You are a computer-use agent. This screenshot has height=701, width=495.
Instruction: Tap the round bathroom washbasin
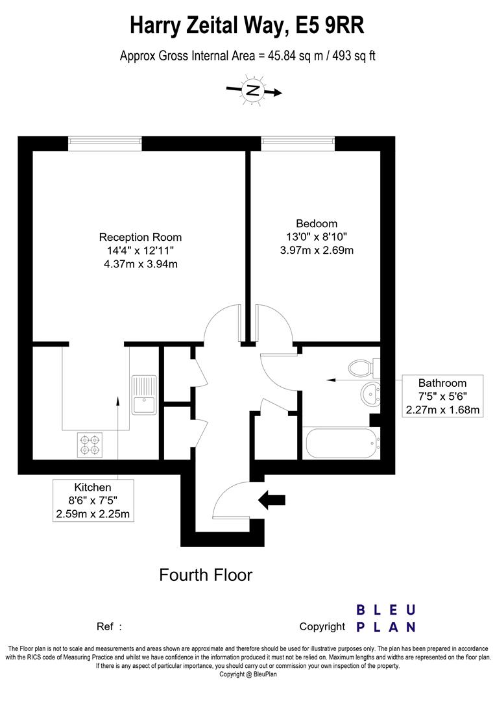(370, 393)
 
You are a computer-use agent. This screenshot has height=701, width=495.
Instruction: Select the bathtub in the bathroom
(342, 443)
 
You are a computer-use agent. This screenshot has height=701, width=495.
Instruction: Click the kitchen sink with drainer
(144, 395)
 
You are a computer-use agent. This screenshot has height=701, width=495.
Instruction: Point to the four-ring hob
(90, 445)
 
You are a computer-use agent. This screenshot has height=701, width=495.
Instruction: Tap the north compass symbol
(253, 91)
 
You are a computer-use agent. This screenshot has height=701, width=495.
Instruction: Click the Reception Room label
(140, 237)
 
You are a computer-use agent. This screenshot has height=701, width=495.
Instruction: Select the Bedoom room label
(317, 223)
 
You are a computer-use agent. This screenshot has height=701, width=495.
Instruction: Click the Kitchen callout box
(93, 500)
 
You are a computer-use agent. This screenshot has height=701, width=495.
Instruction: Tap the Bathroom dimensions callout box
(442, 396)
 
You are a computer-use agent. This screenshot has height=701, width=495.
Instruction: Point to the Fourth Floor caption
(206, 575)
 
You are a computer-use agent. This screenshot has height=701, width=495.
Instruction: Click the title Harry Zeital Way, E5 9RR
(247, 25)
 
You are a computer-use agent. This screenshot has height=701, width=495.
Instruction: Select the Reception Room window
(105, 143)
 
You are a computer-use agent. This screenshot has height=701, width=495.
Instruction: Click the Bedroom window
(298, 143)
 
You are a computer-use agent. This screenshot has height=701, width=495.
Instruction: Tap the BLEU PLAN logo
(386, 619)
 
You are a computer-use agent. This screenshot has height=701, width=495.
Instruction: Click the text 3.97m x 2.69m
(317, 251)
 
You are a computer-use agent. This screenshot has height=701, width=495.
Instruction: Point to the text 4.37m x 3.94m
(141, 264)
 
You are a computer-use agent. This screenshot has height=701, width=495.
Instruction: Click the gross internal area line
(248, 56)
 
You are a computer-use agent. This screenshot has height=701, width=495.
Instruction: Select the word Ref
(105, 626)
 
